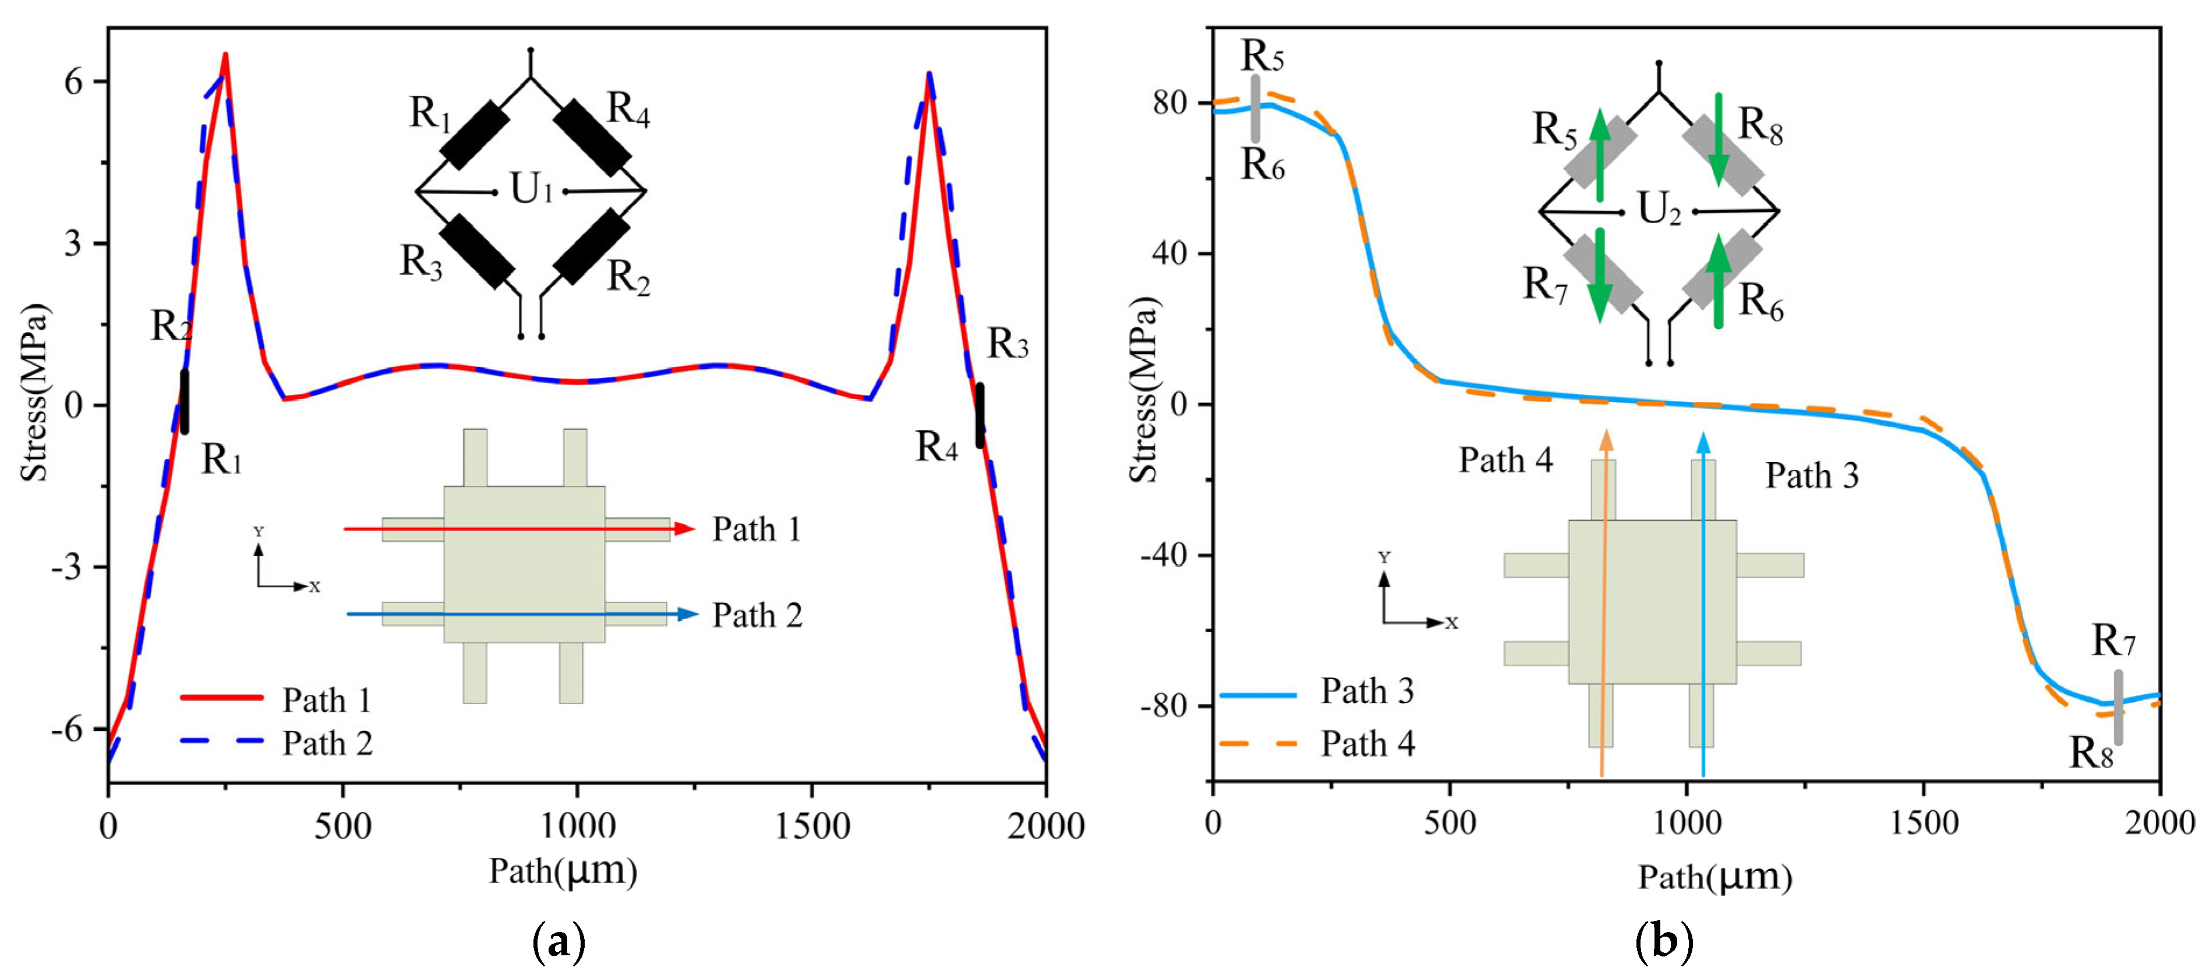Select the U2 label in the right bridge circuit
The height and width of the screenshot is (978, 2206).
tap(1659, 209)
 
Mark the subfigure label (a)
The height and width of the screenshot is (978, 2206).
tap(559, 943)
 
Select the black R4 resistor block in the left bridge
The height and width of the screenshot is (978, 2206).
tap(592, 137)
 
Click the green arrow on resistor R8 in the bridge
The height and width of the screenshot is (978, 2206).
tap(1718, 151)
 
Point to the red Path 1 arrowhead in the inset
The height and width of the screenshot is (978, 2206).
tap(685, 529)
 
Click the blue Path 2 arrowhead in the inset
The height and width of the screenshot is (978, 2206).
tap(688, 614)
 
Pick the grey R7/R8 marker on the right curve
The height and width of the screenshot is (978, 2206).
tap(2119, 707)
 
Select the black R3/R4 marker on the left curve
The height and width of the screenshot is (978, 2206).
tap(980, 415)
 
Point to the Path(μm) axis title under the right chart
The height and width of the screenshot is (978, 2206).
tap(1714, 877)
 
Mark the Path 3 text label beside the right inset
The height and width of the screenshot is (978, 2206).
tap(1811, 475)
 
